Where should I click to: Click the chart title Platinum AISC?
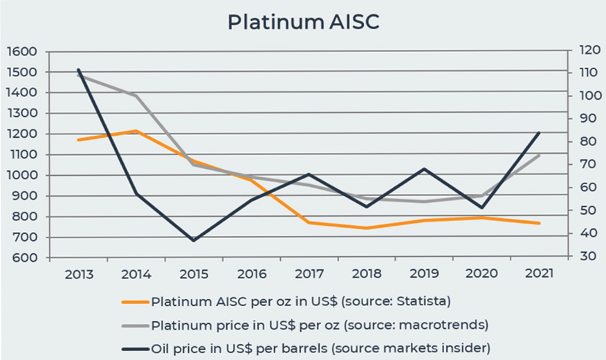pyautogui.click(x=303, y=22)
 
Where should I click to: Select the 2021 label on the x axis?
pyautogui.click(x=539, y=273)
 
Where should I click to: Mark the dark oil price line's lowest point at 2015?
pyautogui.click(x=193, y=240)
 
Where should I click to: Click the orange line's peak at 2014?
pyautogui.click(x=136, y=131)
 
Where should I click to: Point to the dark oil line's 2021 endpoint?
pyautogui.click(x=539, y=132)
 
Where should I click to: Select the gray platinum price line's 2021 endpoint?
pyautogui.click(x=539, y=155)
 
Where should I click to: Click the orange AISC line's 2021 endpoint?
pyautogui.click(x=539, y=223)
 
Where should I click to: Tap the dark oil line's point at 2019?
pyautogui.click(x=424, y=169)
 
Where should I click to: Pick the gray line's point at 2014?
pyautogui.click(x=136, y=96)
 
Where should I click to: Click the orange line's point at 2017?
pyautogui.click(x=309, y=223)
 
